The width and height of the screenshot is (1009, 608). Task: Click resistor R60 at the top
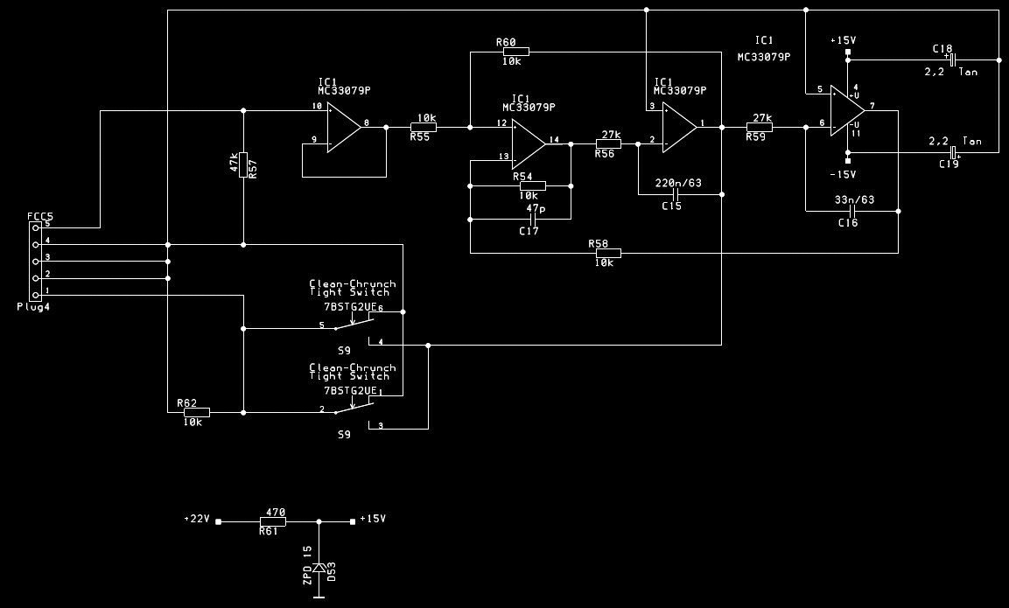coord(515,52)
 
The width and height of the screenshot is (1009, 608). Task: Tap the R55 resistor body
coord(423,128)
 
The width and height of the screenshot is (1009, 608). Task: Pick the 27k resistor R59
coord(759,128)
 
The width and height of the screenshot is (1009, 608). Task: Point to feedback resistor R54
coord(532,185)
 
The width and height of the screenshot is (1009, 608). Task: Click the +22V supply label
coord(197,519)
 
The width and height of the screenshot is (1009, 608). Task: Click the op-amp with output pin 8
coord(343,128)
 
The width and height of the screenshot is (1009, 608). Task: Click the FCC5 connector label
coord(39,215)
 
